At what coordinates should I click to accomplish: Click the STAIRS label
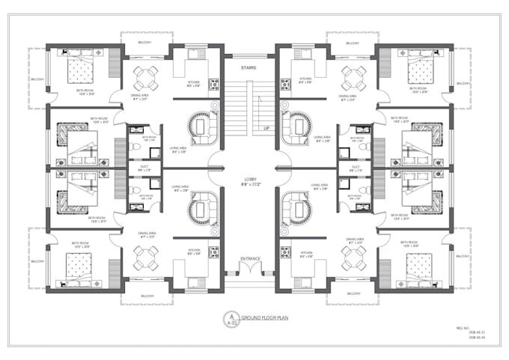pyautogui.click(x=250, y=67)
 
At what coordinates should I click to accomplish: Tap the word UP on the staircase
pyautogui.click(x=266, y=128)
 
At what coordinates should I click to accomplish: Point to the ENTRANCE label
pyautogui.click(x=250, y=259)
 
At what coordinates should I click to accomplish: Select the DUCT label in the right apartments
pyautogui.click(x=356, y=167)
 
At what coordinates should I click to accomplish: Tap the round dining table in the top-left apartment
pyautogui.click(x=145, y=76)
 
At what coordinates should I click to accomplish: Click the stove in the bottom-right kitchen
pyautogui.click(x=285, y=252)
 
